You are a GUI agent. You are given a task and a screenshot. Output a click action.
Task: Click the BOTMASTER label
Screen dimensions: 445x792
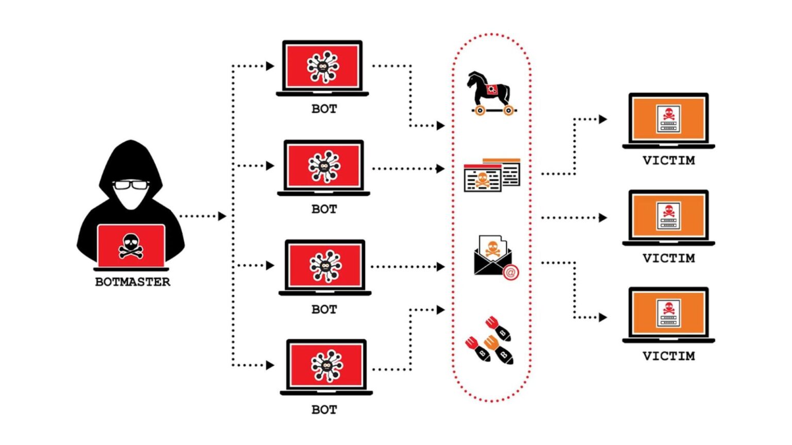[133, 282]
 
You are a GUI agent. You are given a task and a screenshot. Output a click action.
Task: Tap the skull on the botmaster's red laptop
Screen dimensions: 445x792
[131, 245]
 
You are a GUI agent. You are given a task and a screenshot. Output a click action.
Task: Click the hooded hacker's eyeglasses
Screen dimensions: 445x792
[130, 184]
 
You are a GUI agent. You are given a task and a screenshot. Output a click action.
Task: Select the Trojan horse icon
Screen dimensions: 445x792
[490, 93]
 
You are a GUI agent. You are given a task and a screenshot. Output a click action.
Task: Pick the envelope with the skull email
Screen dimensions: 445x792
[494, 256]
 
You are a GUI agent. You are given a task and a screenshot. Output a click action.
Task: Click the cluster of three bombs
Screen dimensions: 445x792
[490, 340]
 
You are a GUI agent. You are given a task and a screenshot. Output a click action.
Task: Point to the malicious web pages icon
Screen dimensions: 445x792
[491, 176]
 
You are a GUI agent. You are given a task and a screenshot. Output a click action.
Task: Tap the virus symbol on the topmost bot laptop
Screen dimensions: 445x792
[323, 66]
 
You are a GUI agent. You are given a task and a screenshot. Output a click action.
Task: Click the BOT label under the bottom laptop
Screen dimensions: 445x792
[324, 409]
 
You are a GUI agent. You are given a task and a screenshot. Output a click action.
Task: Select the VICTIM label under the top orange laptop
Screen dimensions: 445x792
[668, 160]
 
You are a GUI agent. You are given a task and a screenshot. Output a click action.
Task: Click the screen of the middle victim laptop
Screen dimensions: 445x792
[668, 215]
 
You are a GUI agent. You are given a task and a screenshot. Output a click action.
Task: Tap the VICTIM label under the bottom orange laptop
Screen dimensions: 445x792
[668, 356]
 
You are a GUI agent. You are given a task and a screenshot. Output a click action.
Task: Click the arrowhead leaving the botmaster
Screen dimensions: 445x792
[222, 216]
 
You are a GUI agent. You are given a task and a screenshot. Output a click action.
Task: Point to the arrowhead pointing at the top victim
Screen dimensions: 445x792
[602, 119]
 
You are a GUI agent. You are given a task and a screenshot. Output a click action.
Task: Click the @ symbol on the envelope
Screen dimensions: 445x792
[510, 272]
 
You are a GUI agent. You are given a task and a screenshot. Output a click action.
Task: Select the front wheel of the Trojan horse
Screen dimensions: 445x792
[508, 110]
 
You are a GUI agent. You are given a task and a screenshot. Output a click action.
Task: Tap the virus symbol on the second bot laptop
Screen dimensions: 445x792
[324, 166]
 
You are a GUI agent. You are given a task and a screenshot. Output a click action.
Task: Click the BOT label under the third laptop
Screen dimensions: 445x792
[324, 309]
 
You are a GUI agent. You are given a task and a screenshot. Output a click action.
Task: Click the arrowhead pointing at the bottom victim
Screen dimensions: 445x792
[602, 317]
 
